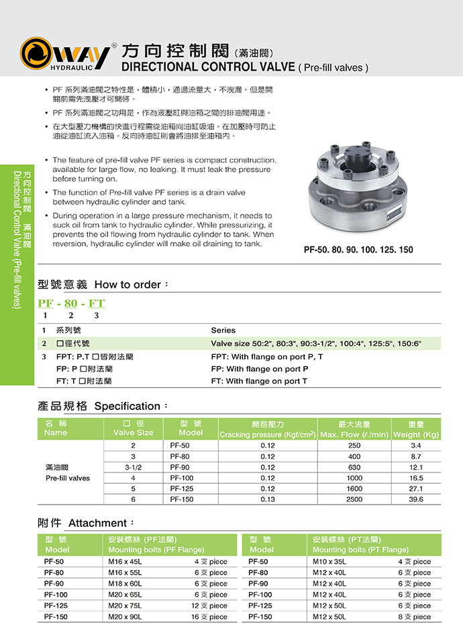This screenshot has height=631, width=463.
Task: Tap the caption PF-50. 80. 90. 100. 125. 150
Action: pyautogui.click(x=358, y=250)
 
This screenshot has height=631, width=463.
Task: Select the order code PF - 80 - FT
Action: pyautogui.click(x=71, y=303)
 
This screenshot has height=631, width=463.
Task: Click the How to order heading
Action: pyautogui.click(x=103, y=284)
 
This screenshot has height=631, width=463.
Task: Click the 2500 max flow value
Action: pyautogui.click(x=354, y=500)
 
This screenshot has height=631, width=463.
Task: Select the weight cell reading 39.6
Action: pyautogui.click(x=416, y=500)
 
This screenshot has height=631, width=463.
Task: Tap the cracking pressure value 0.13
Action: pyautogui.click(x=268, y=500)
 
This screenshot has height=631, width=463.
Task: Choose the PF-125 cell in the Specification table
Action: pyautogui.click(x=182, y=489)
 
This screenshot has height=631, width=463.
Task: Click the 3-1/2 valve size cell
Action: pyautogui.click(x=134, y=467)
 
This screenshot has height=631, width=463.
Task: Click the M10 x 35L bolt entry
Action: pyautogui.click(x=329, y=561)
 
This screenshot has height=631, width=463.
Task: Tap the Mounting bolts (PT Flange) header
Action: pyautogui.click(x=360, y=550)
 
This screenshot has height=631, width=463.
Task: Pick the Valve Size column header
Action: pyautogui.click(x=134, y=433)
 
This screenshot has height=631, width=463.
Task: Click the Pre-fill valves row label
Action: pyautogui.click(x=68, y=478)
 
